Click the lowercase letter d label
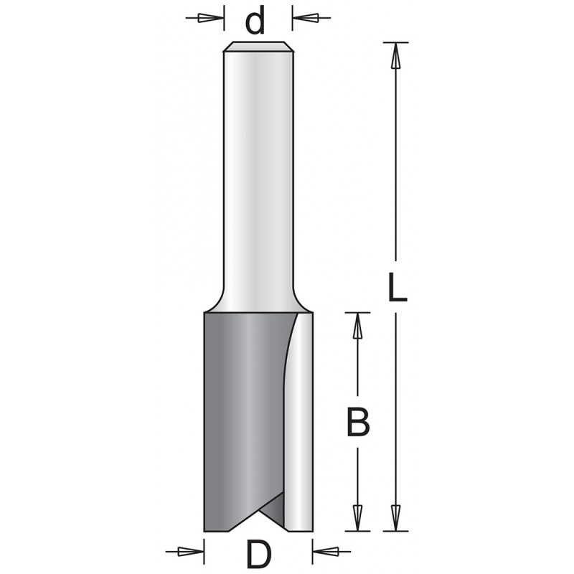(x=255, y=22)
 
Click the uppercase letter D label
(x=259, y=554)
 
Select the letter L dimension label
(x=397, y=287)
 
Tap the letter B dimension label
(x=358, y=422)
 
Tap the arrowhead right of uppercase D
(x=326, y=551)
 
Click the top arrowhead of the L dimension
(x=395, y=56)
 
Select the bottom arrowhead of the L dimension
(x=395, y=517)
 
